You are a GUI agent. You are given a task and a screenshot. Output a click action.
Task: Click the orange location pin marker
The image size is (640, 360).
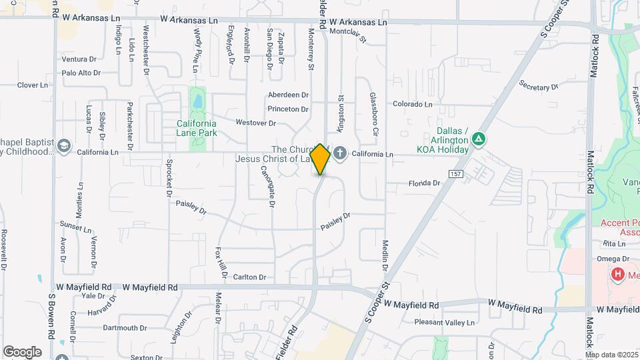(320, 159)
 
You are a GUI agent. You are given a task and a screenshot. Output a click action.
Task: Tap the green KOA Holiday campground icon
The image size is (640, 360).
(478, 139)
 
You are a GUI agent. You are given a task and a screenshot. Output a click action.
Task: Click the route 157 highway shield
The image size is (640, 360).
(455, 174)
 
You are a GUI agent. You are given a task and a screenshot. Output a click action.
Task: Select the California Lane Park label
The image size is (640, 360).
(197, 128)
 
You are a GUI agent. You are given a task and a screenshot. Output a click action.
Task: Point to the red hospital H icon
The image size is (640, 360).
(618, 274)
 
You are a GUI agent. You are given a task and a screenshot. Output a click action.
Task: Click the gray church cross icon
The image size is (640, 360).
(340, 154)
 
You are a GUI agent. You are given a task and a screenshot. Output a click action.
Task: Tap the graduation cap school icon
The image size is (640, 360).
(64, 147)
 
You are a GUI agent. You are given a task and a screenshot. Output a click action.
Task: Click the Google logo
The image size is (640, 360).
(22, 352)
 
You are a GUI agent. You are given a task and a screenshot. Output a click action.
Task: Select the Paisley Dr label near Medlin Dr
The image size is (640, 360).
(335, 219)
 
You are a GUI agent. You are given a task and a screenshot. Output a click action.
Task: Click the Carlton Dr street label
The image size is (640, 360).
(249, 277)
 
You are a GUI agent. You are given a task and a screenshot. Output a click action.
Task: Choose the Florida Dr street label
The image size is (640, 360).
(424, 183)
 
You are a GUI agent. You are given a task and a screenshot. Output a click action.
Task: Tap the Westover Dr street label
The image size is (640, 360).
(256, 123)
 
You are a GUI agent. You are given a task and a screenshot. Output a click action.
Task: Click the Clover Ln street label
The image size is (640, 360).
(32, 85)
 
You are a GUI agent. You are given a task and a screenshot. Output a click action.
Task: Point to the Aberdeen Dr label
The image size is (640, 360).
(289, 95)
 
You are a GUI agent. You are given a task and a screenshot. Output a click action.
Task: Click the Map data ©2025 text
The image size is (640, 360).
(611, 355)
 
